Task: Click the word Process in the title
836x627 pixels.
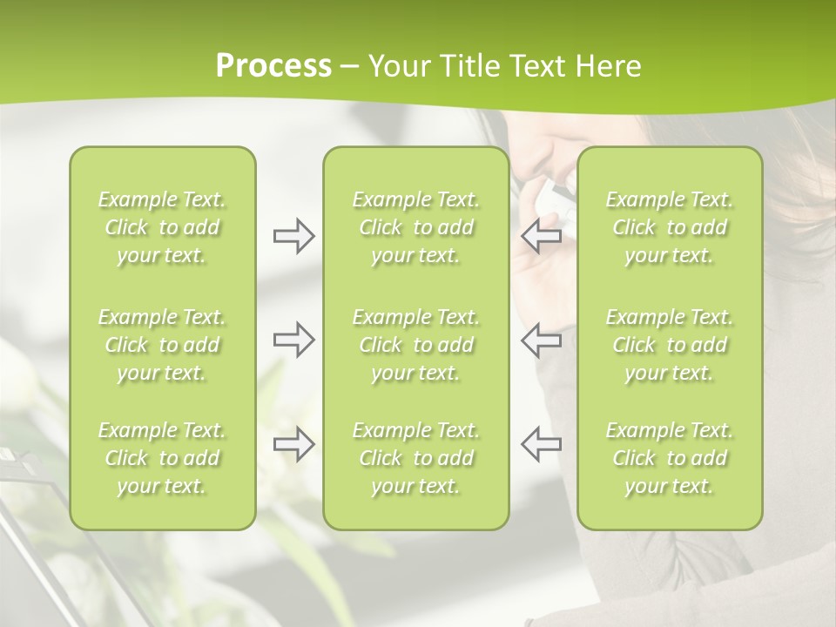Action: pyautogui.click(x=273, y=66)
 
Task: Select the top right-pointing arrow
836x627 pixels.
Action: pyautogui.click(x=293, y=236)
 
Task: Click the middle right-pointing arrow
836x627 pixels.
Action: pyautogui.click(x=293, y=340)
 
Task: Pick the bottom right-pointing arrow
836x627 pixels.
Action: pyautogui.click(x=293, y=444)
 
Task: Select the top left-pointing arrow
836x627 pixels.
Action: pyautogui.click(x=542, y=236)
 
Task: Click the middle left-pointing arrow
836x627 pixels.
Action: pyautogui.click(x=542, y=340)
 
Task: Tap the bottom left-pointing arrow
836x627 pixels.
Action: pyautogui.click(x=542, y=444)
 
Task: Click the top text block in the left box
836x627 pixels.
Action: pyautogui.click(x=162, y=227)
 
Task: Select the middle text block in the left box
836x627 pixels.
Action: pyautogui.click(x=162, y=345)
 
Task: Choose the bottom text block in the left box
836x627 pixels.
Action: pyautogui.click(x=162, y=458)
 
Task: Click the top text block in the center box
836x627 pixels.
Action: pyautogui.click(x=416, y=227)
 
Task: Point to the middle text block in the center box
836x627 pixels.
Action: pyautogui.click(x=416, y=345)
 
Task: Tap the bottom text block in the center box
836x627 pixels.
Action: pyautogui.click(x=416, y=458)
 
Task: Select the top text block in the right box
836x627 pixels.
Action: pyautogui.click(x=670, y=227)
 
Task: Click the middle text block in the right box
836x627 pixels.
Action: pyautogui.click(x=670, y=345)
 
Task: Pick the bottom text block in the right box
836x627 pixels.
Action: pyautogui.click(x=670, y=458)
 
